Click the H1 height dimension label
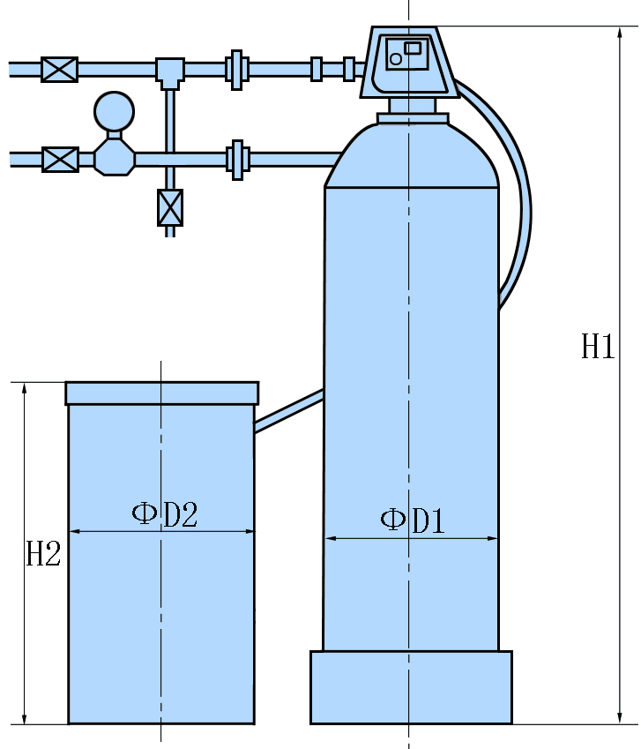coord(597,348)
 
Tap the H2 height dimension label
coord(42,554)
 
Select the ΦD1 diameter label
coord(412,521)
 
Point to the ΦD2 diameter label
coord(165,514)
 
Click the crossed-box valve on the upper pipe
coord(60,69)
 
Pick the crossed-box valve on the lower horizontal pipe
coord(60,159)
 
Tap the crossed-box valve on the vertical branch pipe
coord(170,207)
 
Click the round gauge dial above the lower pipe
coord(115,112)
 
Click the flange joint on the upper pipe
coord(236,69)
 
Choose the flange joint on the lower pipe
coord(236,159)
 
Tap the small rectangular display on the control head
coord(413,48)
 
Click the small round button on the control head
coord(396,59)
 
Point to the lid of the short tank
coord(162,393)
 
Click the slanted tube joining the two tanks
coord(289,411)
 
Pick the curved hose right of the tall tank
coord(516,203)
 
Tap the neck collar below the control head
coord(413,118)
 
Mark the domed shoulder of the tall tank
coord(412,159)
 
